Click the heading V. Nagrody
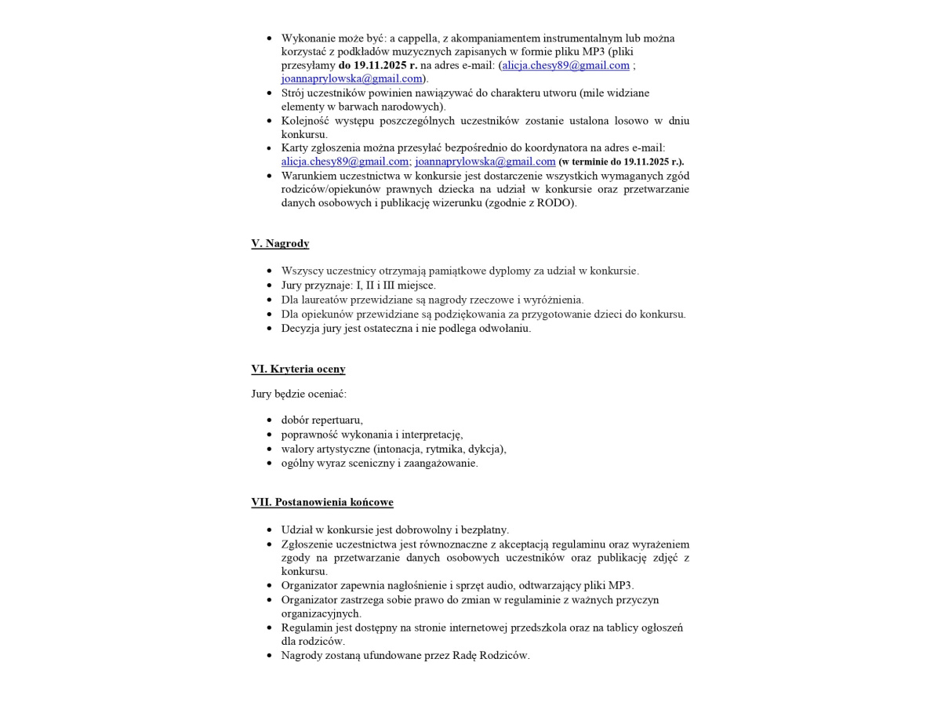(x=280, y=244)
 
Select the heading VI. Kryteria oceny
(x=298, y=369)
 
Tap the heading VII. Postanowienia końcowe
(x=322, y=502)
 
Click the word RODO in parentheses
(x=555, y=203)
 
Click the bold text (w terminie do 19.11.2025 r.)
(x=621, y=162)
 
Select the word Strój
(x=294, y=93)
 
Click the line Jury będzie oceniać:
(x=299, y=394)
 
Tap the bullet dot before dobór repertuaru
(x=270, y=420)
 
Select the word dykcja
(x=486, y=449)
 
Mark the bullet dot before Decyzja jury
(x=270, y=329)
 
